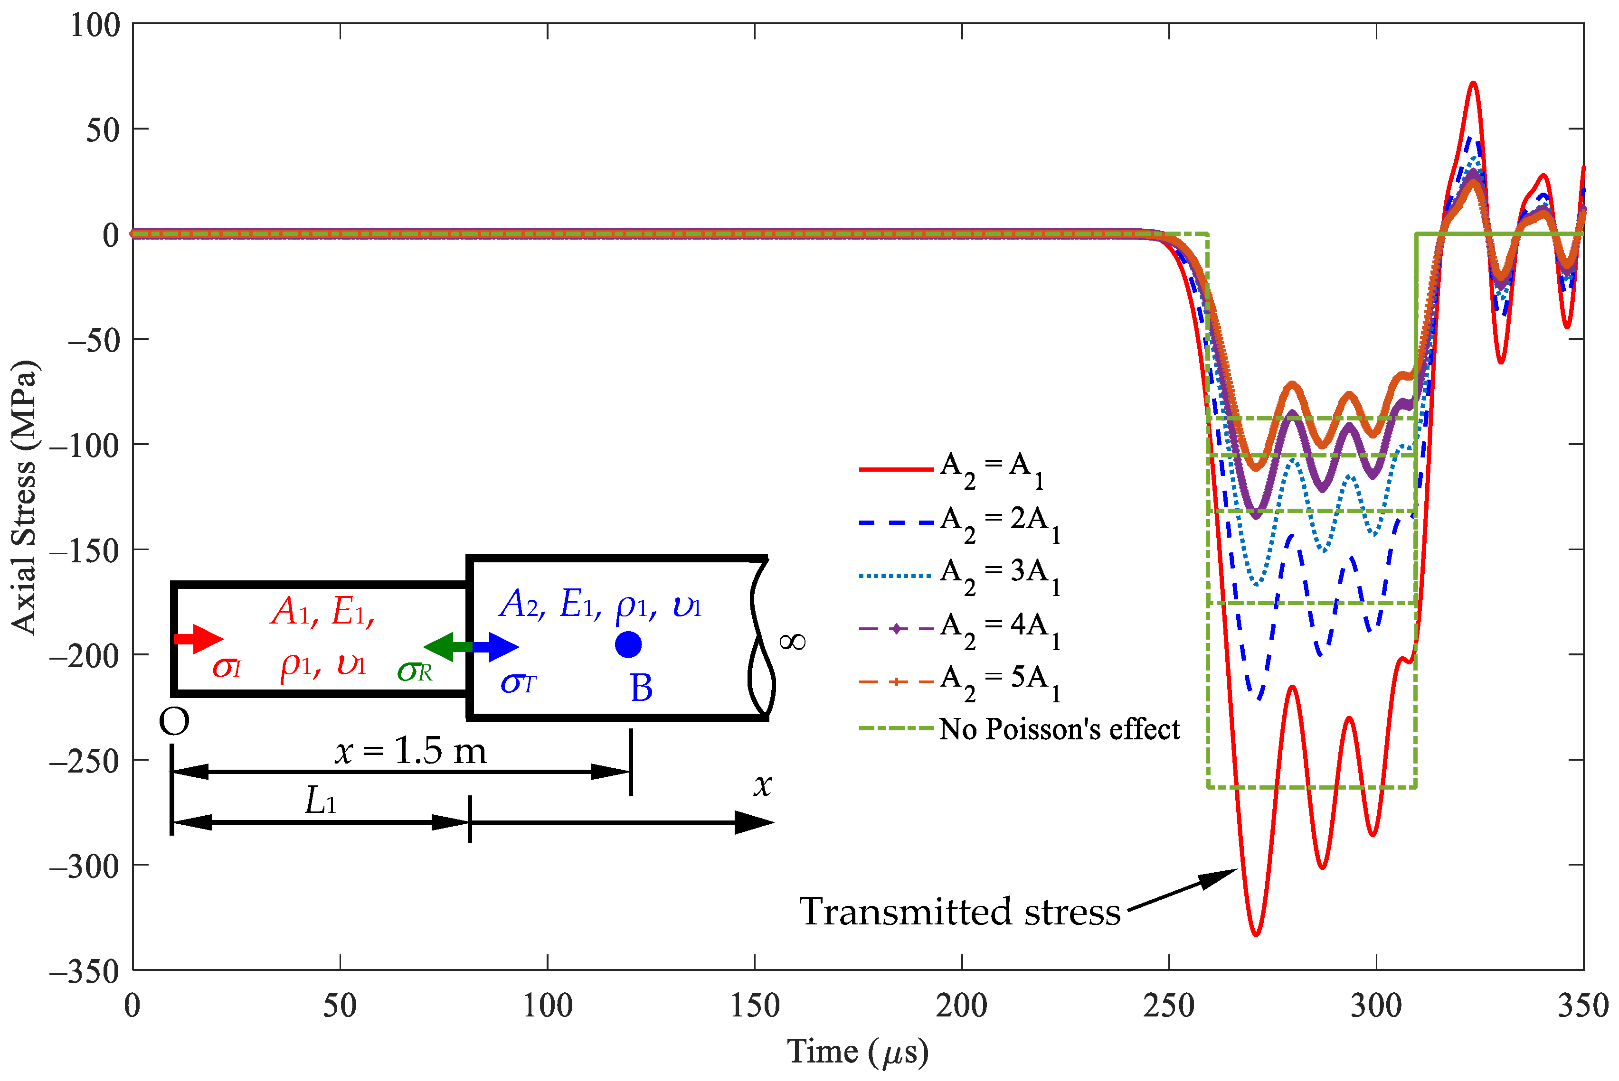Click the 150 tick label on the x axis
755,1006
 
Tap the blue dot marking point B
628,644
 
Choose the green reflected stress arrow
446,647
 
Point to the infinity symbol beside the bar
792,643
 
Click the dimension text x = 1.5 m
410,751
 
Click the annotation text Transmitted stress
959,912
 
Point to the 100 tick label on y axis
95,26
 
